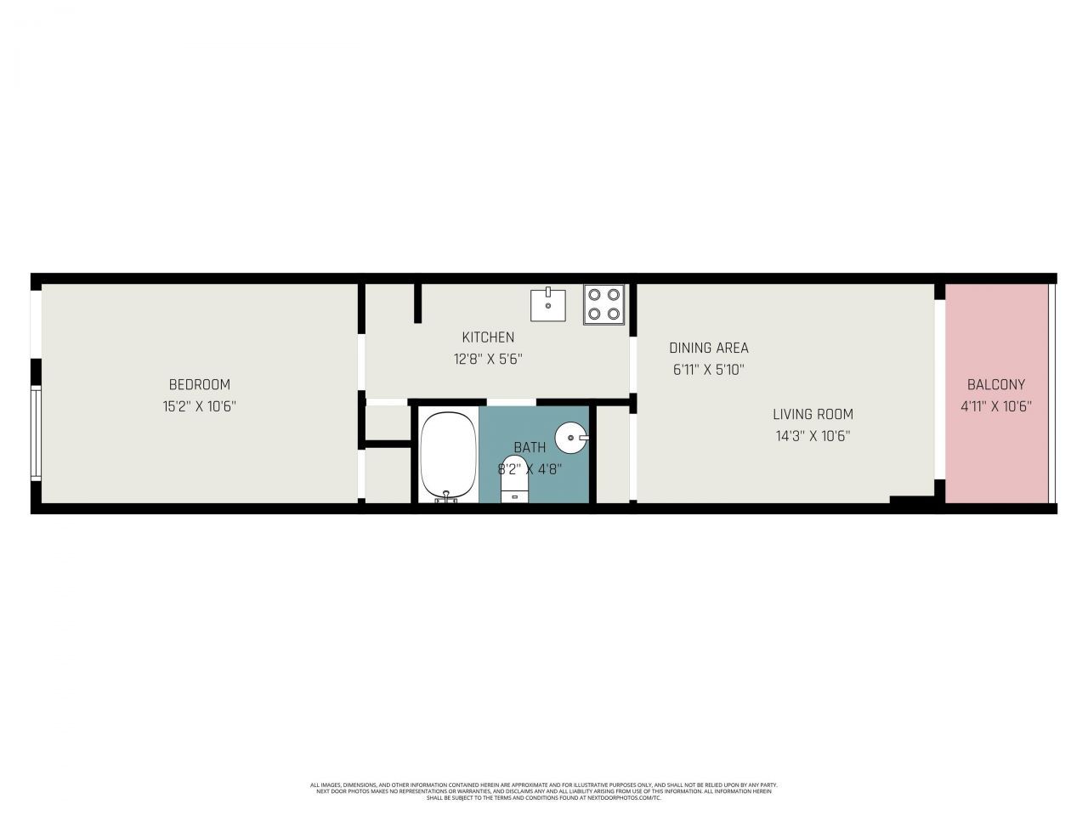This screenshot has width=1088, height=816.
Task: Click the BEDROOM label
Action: (199, 384)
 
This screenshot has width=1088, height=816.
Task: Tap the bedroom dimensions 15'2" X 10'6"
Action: (199, 406)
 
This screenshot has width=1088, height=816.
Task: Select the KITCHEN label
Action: (488, 337)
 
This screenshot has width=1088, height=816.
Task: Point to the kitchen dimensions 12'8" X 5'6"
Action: (487, 359)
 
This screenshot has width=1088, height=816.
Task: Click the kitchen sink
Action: (549, 304)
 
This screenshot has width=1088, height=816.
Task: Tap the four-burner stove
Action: (603, 304)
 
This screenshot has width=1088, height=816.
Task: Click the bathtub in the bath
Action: (448, 455)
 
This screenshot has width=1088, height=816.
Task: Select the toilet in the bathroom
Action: (514, 484)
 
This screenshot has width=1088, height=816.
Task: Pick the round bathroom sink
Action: (570, 439)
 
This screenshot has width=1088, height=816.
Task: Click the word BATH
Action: (530, 447)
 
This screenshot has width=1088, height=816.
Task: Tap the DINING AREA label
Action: (709, 348)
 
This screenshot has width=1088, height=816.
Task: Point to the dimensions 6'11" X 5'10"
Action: (709, 370)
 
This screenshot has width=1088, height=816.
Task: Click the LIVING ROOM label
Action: (813, 415)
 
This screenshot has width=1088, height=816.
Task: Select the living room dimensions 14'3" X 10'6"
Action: (813, 436)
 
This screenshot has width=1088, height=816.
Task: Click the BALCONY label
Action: (996, 384)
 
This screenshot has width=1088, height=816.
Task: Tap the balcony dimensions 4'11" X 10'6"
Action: (996, 406)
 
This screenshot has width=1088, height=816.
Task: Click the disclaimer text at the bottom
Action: (544, 791)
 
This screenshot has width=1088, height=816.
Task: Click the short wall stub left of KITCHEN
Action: (417, 303)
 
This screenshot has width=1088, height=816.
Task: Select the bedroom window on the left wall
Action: (36, 433)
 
